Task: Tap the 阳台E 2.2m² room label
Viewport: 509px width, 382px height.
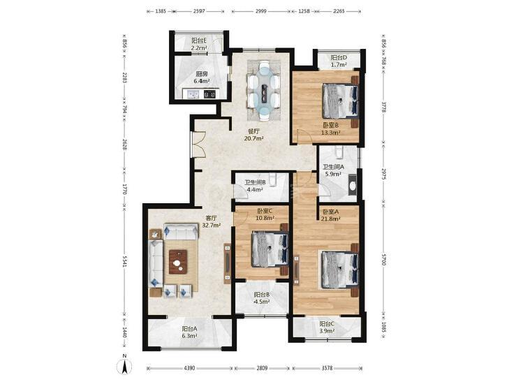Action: [x=199, y=45]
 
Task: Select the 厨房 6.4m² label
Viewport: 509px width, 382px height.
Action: [x=201, y=78]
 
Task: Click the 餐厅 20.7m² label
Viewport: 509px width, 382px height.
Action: [x=253, y=135]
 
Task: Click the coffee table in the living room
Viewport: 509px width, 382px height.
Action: [x=178, y=262]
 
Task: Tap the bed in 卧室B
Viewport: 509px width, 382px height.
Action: [x=340, y=101]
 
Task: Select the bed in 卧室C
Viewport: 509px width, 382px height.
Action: [x=270, y=249]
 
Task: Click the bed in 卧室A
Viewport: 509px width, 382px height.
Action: [x=339, y=270]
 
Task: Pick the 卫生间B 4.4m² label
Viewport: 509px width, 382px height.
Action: [x=255, y=186]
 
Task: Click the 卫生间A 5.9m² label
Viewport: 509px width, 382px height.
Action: [x=333, y=170]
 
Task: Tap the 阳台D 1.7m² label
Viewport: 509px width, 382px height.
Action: [x=339, y=61]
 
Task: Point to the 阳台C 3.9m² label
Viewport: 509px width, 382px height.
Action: [x=327, y=328]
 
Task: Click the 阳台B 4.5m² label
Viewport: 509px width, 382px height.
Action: [x=262, y=298]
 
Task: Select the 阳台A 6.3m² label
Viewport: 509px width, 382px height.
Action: [x=189, y=332]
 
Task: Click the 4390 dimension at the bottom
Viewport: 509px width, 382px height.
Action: [x=189, y=368]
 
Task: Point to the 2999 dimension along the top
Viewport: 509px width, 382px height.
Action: [x=261, y=11]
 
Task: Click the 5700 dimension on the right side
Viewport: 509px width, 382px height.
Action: [x=384, y=260]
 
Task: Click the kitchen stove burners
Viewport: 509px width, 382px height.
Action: [x=209, y=94]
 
